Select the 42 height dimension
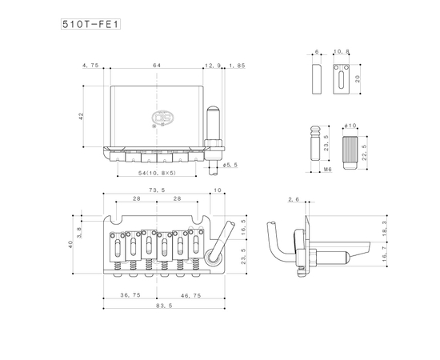click(x=82, y=115)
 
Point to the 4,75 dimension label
click(x=90, y=65)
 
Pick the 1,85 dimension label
click(x=238, y=65)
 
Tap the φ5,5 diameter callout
click(x=231, y=165)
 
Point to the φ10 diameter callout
click(x=349, y=126)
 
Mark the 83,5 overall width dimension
click(x=163, y=305)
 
